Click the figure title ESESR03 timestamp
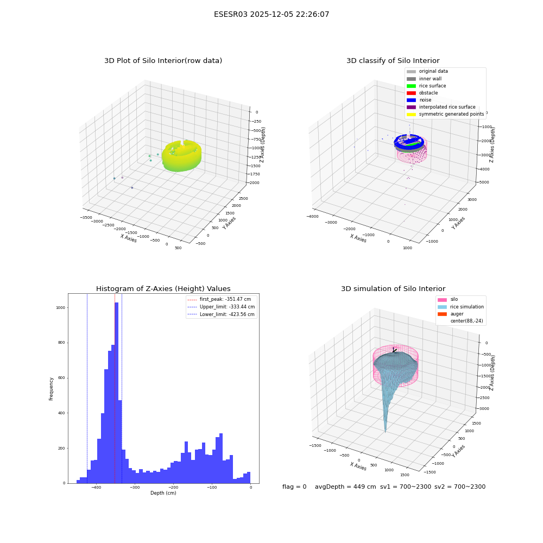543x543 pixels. (271, 14)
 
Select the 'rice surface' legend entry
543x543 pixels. (426, 86)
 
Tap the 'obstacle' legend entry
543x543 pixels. (422, 93)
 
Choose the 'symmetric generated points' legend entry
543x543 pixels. (445, 114)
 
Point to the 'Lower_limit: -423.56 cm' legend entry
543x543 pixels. (221, 314)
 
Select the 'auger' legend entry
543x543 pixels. (451, 314)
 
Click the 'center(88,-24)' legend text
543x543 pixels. (466, 321)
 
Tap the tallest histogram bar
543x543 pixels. (117, 393)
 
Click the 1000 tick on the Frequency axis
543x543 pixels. (61, 307)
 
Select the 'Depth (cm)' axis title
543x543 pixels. (163, 493)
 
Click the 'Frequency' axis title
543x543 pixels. (51, 389)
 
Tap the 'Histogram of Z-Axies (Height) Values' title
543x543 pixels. (163, 288)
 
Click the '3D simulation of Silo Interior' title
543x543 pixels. (393, 288)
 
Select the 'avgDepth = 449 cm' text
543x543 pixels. (345, 487)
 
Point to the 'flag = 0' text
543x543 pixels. (294, 487)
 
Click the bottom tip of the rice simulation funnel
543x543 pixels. (386, 432)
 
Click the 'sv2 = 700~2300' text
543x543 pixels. (460, 487)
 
